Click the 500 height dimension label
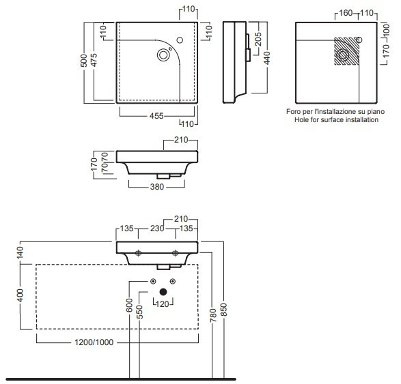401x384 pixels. point(83,61)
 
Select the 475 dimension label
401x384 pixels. point(94,60)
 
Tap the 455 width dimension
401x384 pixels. point(156,116)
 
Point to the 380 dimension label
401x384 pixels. point(156,187)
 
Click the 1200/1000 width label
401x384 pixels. point(94,342)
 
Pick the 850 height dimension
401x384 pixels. point(224,310)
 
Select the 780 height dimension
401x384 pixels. point(212,315)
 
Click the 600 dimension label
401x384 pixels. point(129,306)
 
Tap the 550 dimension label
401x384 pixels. point(139,312)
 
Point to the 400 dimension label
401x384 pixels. point(20,295)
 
